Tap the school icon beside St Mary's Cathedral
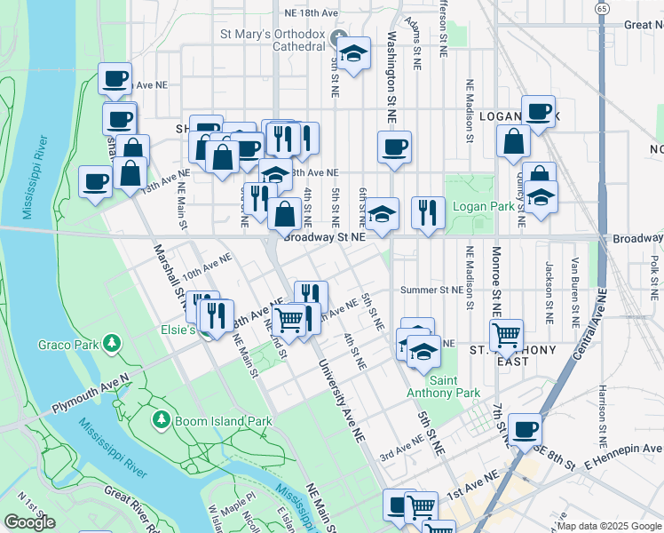coord(353,54)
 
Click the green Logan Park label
coord(485,206)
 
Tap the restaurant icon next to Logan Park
coord(429,212)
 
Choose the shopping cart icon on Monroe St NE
coord(506,335)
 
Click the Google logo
coord(29,522)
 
